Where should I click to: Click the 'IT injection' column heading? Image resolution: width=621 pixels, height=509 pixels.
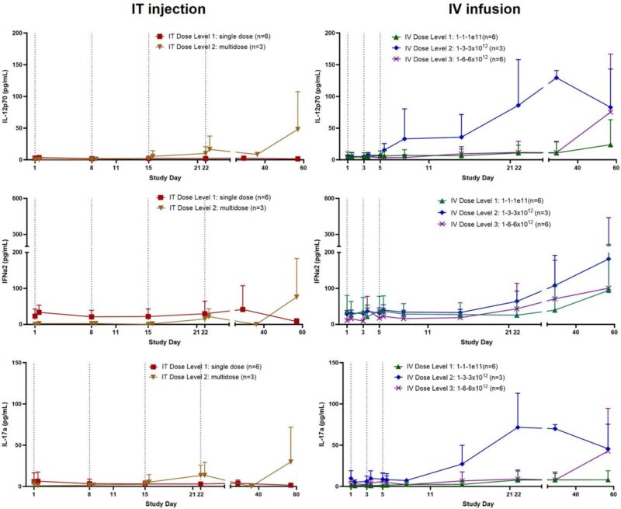pos(168,10)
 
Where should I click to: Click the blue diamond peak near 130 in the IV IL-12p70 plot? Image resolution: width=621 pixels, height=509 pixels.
pos(556,78)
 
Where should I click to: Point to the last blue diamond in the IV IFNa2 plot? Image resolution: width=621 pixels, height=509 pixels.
pos(609,259)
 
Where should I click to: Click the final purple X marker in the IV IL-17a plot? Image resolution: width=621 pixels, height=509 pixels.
pos(609,451)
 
